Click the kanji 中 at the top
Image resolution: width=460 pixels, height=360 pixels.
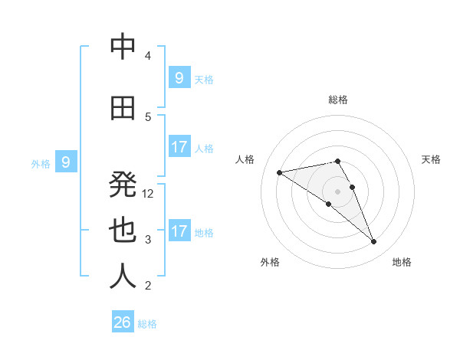123,47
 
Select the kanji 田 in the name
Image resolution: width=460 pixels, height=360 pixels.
123,110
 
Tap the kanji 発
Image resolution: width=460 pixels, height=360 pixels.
123,184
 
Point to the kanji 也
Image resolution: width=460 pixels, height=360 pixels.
123,231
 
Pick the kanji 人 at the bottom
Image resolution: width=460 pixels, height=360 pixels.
123,276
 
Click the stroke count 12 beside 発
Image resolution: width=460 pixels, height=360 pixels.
149,194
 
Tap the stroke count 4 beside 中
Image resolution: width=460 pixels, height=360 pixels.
148,56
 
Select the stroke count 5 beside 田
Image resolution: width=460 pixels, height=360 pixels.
148,117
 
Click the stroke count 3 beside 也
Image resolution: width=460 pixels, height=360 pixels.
148,240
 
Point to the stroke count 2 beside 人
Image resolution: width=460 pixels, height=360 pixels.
148,286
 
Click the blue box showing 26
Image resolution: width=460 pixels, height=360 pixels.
122,322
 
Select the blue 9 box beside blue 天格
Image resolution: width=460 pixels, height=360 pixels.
179,78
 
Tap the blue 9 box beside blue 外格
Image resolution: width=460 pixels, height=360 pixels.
66,162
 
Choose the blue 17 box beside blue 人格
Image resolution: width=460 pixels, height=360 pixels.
179,147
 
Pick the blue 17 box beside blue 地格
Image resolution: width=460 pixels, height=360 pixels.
179,231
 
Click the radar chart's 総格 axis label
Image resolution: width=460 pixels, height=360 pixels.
337,100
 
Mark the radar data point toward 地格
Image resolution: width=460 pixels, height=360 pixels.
374,242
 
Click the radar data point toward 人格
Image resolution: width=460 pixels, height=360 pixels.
279,172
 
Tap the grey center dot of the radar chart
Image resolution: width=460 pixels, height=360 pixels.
337,191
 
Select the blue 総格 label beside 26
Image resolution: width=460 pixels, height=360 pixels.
147,324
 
